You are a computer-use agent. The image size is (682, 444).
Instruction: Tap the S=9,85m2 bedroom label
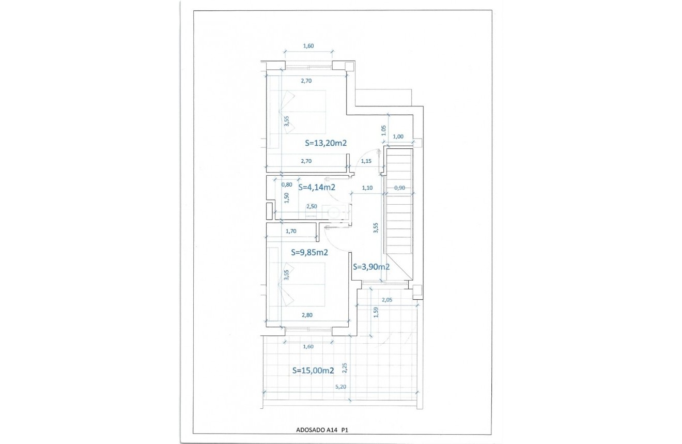click(x=310, y=253)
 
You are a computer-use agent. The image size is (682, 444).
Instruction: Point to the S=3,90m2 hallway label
click(x=371, y=267)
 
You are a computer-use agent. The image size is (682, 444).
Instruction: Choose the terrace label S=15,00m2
click(x=313, y=371)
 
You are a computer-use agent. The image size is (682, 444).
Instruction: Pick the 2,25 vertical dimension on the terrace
click(x=345, y=368)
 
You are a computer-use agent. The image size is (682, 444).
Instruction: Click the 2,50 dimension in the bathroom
click(x=312, y=206)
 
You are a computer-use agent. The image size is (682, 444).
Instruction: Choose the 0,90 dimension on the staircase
click(x=399, y=188)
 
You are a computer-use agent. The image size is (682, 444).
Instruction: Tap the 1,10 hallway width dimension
click(x=367, y=188)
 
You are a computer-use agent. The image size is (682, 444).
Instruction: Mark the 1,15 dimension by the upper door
click(x=366, y=161)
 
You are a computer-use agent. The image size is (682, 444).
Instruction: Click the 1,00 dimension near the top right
click(x=398, y=137)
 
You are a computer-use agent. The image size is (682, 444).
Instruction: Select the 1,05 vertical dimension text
click(x=383, y=131)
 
